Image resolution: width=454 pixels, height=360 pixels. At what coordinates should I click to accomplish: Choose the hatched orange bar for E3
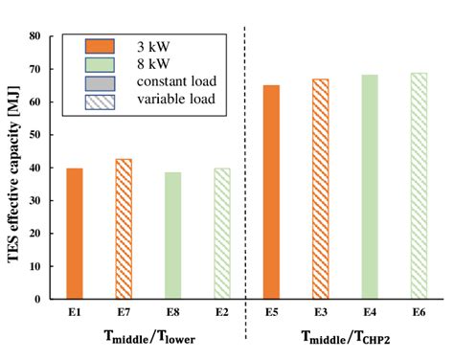[320, 189]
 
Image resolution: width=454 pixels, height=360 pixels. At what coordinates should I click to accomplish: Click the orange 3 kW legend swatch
[99, 46]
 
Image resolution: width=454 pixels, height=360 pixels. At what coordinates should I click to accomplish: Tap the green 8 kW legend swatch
[99, 63]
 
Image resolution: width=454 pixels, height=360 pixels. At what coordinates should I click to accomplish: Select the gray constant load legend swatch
[99, 81]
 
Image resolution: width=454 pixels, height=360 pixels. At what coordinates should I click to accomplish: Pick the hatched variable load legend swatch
[99, 100]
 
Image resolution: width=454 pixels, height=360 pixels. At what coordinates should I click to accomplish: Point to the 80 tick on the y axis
[35, 36]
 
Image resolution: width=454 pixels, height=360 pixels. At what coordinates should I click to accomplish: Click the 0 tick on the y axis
[39, 299]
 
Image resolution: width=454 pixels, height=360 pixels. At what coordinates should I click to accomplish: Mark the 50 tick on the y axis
[35, 135]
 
